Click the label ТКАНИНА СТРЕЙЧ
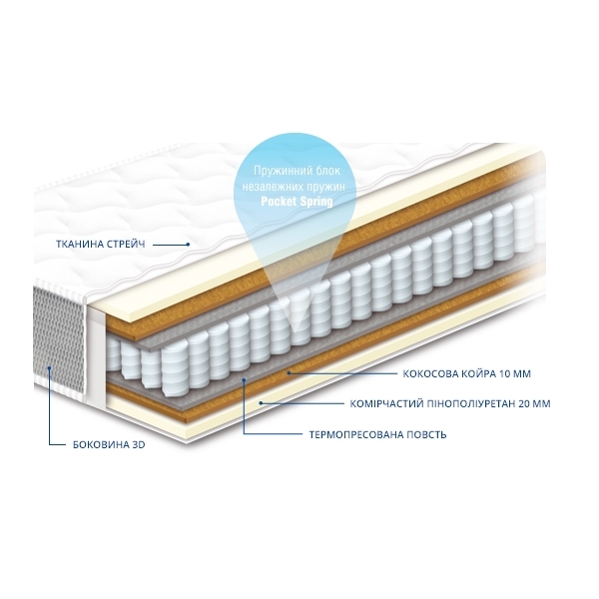tap(101, 245)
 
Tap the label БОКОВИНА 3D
tap(109, 444)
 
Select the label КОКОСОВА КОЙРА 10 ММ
tap(467, 373)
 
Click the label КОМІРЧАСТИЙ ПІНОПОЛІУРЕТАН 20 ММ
tap(450, 403)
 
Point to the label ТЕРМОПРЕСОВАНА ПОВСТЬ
tap(377, 434)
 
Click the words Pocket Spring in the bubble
tap(297, 201)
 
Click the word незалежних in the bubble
tap(269, 187)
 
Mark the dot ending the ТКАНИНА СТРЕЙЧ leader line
tap(189, 245)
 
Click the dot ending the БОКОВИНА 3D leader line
tap(49, 368)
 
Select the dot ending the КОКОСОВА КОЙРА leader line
tap(290, 372)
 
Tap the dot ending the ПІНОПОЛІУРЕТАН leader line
tap(261, 402)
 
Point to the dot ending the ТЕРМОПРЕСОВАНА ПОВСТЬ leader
tap(244, 379)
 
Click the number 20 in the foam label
tap(524, 403)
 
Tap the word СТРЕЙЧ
tap(125, 245)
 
